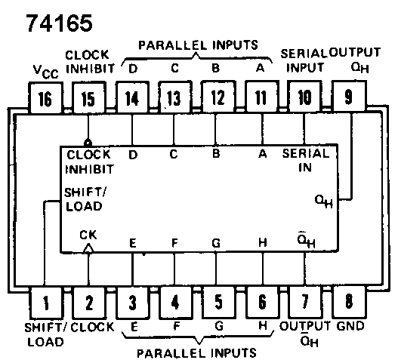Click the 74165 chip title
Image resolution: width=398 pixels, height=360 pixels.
tap(60, 23)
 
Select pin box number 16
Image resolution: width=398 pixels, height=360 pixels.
tap(45, 97)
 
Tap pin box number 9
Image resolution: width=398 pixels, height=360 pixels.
tap(349, 96)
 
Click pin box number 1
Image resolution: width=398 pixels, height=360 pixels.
tap(45, 303)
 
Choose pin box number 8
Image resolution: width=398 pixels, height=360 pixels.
tap(349, 302)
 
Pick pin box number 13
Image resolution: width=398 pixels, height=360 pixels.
tap(174, 97)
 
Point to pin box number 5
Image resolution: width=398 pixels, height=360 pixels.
tap(218, 302)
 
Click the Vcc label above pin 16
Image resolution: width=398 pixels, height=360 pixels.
tap(46, 72)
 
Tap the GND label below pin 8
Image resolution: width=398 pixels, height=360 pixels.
tap(350, 326)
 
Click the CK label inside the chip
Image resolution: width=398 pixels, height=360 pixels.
tap(88, 235)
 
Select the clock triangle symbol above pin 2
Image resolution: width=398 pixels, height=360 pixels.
tap(88, 248)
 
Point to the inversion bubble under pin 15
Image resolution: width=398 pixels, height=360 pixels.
tap(88, 143)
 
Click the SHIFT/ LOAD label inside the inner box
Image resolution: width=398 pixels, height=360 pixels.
tap(85, 199)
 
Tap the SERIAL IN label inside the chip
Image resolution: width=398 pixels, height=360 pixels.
tap(306, 160)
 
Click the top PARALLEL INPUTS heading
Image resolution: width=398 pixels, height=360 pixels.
tap(198, 45)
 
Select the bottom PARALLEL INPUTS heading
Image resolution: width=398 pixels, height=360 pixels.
tap(196, 353)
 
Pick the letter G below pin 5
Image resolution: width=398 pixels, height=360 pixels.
tap(219, 326)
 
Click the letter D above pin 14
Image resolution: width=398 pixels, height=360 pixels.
tap(133, 69)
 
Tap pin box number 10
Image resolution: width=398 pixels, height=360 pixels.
tap(304, 97)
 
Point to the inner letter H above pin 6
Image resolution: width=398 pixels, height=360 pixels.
tap(263, 242)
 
